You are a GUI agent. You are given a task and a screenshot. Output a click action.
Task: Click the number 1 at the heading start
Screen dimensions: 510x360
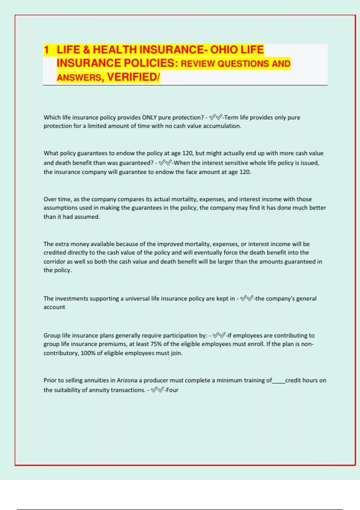pos(46,50)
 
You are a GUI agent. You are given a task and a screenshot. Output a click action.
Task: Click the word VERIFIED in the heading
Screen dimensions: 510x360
pos(132,77)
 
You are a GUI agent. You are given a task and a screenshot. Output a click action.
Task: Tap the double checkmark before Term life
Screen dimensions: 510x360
pos(216,117)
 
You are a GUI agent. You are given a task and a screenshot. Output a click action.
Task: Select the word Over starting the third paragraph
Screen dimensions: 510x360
pos(50,199)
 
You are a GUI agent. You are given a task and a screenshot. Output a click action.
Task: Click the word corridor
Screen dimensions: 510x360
pos(54,262)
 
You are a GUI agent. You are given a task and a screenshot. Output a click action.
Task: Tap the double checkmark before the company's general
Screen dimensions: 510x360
pos(247,298)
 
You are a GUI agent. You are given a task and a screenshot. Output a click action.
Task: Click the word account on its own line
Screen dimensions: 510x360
pos(54,307)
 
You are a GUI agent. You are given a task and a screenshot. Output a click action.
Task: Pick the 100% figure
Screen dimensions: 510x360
pos(88,353)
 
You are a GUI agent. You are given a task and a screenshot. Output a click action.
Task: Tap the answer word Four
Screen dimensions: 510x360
pos(172,390)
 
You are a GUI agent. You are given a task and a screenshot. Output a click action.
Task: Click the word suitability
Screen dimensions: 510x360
pos(64,390)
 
